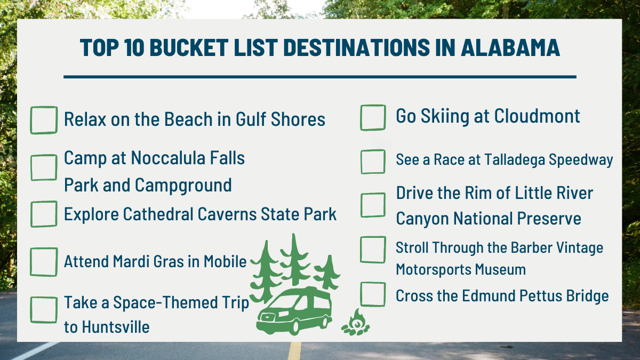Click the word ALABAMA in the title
point(510,47)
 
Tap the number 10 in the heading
point(134,47)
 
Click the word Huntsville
point(116,327)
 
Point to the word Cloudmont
point(537,116)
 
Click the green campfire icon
point(356,323)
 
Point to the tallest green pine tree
point(294,260)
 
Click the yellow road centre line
point(294,351)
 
